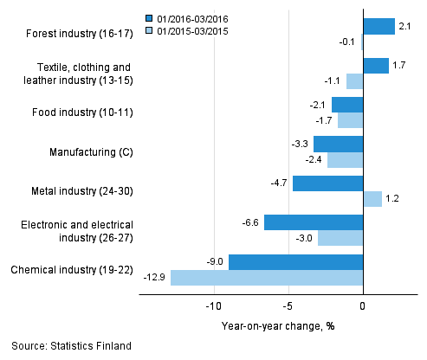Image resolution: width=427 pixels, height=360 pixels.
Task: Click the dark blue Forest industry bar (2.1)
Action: tap(378, 26)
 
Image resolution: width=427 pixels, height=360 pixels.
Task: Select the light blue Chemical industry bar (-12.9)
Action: tap(267, 278)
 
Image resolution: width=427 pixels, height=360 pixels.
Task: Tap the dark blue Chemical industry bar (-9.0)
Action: tap(295, 262)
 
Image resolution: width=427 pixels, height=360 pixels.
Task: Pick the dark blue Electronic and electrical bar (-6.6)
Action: tap(314, 222)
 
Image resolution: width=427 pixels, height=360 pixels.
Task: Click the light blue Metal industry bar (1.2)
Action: tap(372, 199)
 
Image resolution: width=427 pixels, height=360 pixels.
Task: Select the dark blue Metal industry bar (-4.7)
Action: tap(327, 183)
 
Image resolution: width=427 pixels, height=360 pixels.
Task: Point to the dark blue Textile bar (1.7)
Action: tap(376, 66)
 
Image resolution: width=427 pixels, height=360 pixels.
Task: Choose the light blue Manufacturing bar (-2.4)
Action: tap(345, 160)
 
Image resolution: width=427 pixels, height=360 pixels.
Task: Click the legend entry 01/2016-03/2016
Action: tap(187, 17)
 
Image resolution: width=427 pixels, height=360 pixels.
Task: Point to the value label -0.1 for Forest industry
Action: tap(348, 42)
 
